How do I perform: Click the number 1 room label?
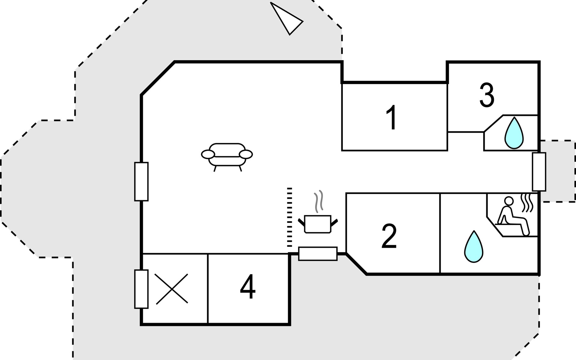pyautogui.click(x=391, y=118)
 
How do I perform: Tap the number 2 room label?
pyautogui.click(x=389, y=236)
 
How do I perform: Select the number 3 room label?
pyautogui.click(x=487, y=95)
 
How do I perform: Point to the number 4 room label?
pyautogui.click(x=248, y=287)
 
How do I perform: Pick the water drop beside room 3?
pyautogui.click(x=514, y=133)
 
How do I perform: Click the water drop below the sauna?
pyautogui.click(x=474, y=247)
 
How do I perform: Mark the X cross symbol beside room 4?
pyautogui.click(x=172, y=289)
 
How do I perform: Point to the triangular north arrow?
pyautogui.click(x=286, y=18)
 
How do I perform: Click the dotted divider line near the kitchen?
pyautogui.click(x=289, y=217)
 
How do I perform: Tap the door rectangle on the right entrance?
pyautogui.click(x=539, y=172)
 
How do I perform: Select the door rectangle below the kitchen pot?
pyautogui.click(x=318, y=254)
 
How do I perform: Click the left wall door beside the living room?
pyautogui.click(x=141, y=181)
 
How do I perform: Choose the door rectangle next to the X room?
pyautogui.click(x=141, y=289)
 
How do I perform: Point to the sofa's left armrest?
pyautogui.click(x=208, y=154)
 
